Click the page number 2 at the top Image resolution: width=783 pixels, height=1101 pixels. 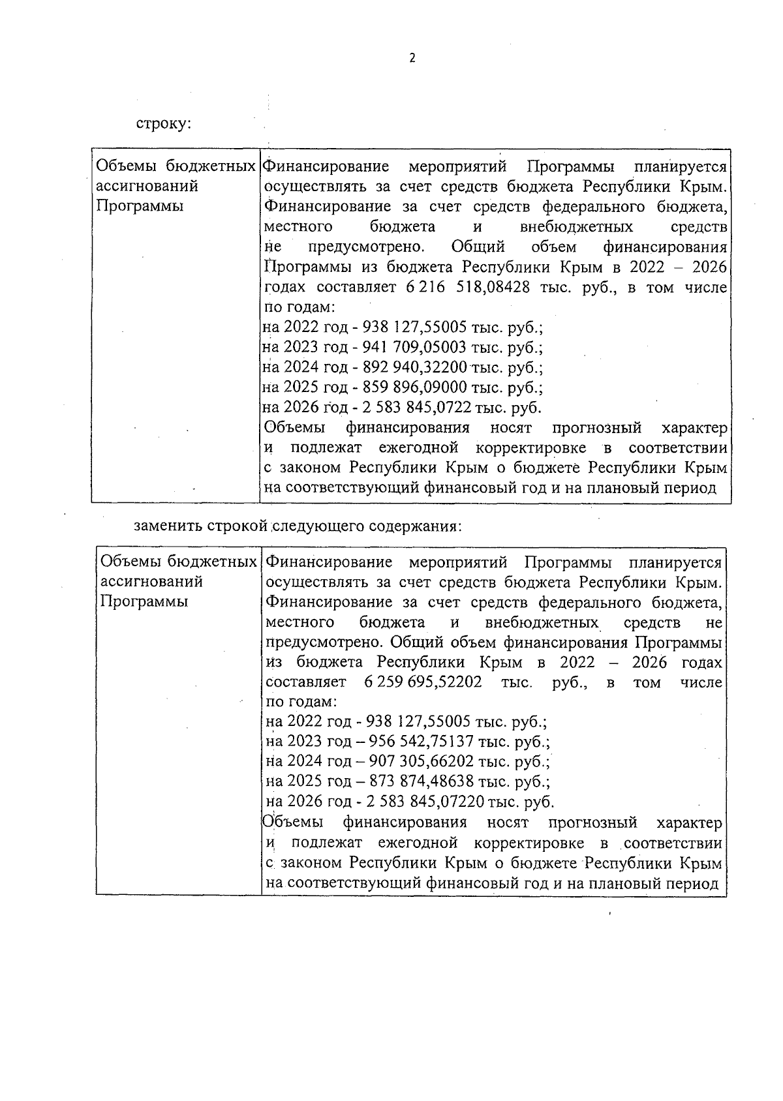[412, 58]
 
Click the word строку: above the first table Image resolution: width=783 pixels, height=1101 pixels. [163, 123]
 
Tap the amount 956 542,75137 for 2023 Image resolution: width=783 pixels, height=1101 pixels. [422, 742]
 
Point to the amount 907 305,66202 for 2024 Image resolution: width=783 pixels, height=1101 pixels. [422, 762]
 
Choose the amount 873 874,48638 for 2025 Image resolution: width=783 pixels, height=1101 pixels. [422, 781]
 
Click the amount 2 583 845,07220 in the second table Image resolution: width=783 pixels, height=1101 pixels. [425, 802]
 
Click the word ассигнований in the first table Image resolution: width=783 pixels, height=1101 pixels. [147, 187]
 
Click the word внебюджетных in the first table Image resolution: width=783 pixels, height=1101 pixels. [577, 227]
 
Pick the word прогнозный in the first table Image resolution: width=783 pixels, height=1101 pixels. [596, 428]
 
